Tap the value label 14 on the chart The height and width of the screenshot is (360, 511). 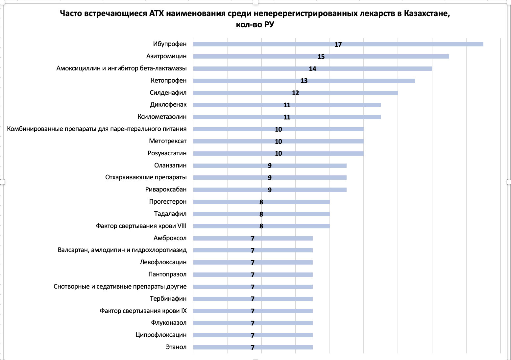pyautogui.click(x=312, y=69)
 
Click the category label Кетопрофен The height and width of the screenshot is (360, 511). pyautogui.click(x=169, y=81)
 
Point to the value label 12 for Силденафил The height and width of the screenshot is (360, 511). pyautogui.click(x=295, y=93)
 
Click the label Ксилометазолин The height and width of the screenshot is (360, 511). pyautogui.click(x=162, y=117)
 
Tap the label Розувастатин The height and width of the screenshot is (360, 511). pyautogui.click(x=167, y=153)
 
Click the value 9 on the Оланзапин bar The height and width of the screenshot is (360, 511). pyautogui.click(x=270, y=166)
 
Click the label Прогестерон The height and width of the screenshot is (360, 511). pyautogui.click(x=168, y=202)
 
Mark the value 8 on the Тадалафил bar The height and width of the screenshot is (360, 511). pyautogui.click(x=261, y=214)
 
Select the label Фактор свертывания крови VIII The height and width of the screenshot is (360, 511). pyautogui.click(x=141, y=226)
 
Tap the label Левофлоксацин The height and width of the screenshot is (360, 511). pyautogui.click(x=163, y=262)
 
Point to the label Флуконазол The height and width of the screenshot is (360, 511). pyautogui.click(x=169, y=323)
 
